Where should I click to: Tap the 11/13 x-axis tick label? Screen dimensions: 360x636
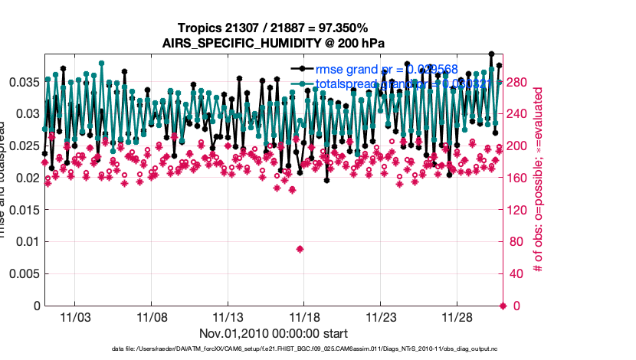click(x=228, y=316)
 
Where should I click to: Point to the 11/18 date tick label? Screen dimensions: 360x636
click(x=303, y=316)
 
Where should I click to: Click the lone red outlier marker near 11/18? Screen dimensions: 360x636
click(x=300, y=249)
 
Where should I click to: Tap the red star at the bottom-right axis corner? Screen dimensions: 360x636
click(x=503, y=306)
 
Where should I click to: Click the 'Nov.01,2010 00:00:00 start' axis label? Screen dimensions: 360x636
click(x=273, y=333)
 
